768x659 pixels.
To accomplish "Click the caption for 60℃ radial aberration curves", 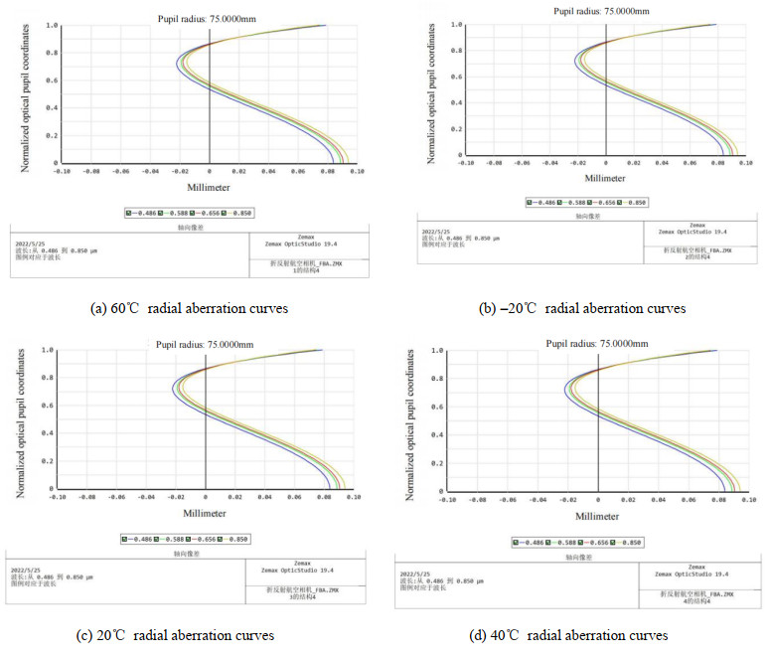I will click(189, 308).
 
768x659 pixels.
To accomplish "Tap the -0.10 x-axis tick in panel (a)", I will click(62, 171).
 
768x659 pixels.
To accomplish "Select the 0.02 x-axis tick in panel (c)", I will click(234, 498).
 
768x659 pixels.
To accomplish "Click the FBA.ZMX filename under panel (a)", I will click(308, 265).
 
